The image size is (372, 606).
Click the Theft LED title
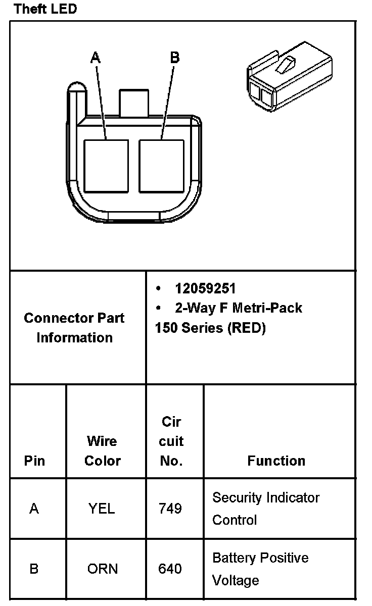pos(45,9)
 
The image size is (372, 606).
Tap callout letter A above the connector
pos(96,58)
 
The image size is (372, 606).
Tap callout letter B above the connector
pos(174,58)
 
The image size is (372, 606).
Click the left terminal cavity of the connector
pos(106,166)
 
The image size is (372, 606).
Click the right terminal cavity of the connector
pos(162,166)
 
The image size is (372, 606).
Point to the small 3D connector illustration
pos(289,76)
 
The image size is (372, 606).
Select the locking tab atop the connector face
pos(133,103)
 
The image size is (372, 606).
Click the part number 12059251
pos(205,288)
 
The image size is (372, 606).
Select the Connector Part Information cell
pos(74,328)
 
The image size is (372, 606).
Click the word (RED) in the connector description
pos(247,328)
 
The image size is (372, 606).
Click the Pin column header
pos(34,461)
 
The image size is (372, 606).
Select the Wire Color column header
pos(103,450)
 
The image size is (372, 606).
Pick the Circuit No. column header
pos(171,441)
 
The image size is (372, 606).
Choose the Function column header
pos(276,461)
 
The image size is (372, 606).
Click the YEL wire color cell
pos(102,509)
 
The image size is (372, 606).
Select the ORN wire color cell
pos(102,569)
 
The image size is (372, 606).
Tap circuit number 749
pos(170,509)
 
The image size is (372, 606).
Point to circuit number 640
pos(170,569)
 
